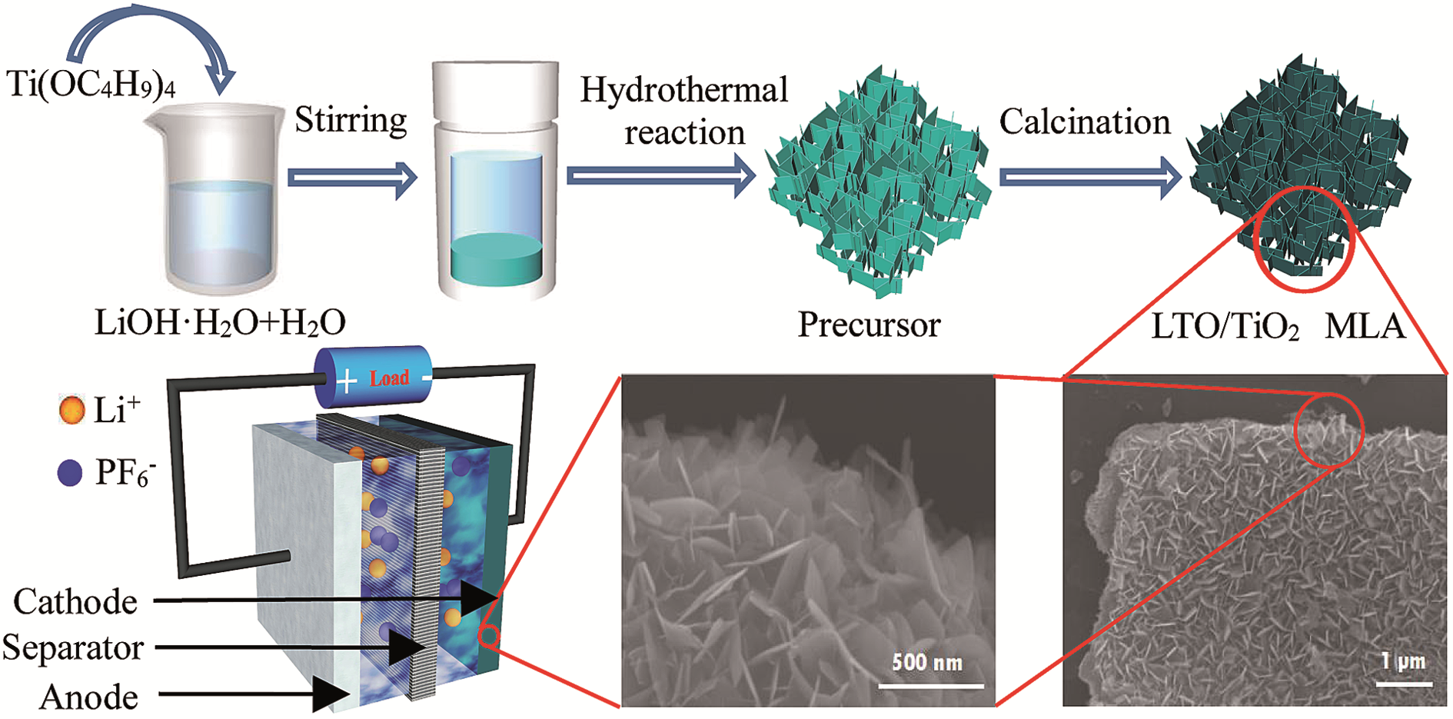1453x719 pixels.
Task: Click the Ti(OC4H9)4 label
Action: [x=91, y=84]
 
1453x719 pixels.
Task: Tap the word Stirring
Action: [x=351, y=121]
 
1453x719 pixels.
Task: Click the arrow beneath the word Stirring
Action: [x=352, y=178]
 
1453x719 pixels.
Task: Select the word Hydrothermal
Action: [x=684, y=90]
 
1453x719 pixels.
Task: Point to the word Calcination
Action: [x=1085, y=121]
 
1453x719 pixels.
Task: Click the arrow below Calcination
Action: [x=1090, y=178]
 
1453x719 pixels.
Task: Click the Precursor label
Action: [x=869, y=325]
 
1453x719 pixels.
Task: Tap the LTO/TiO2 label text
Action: [x=1225, y=327]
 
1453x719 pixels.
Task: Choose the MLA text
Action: [x=1365, y=327]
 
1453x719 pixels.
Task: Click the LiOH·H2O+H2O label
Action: [x=220, y=323]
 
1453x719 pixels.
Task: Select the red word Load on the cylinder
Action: [x=389, y=378]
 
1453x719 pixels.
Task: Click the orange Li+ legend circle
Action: [x=71, y=409]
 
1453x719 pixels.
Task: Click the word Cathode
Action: [x=75, y=602]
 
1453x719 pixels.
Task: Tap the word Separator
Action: [x=73, y=647]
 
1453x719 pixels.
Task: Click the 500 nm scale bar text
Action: [x=927, y=662]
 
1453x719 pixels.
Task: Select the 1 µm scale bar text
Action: [x=1403, y=661]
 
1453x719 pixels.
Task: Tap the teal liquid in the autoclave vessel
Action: [x=496, y=259]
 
